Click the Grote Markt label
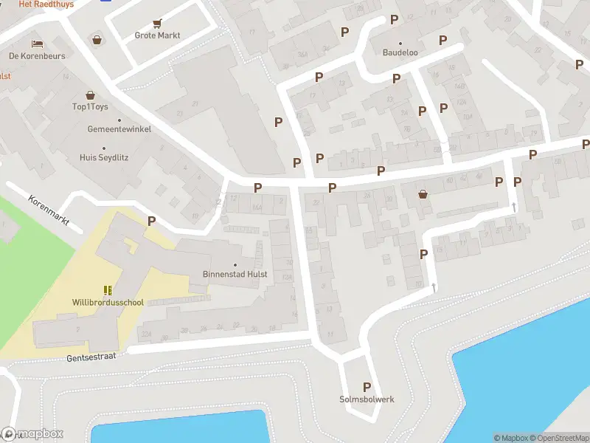point(157,35)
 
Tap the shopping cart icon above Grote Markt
point(157,24)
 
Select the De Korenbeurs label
point(37,56)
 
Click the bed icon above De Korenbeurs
point(37,44)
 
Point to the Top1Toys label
point(90,107)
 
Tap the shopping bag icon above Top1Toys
point(90,95)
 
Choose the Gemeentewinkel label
point(109,128)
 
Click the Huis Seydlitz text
point(104,157)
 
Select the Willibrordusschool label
point(108,303)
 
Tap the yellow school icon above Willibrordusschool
point(108,290)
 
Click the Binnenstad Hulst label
point(235,275)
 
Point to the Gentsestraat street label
point(91,356)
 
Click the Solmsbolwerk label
point(367,399)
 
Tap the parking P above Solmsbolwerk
point(367,387)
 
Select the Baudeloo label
point(400,53)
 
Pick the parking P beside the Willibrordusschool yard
point(151,220)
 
